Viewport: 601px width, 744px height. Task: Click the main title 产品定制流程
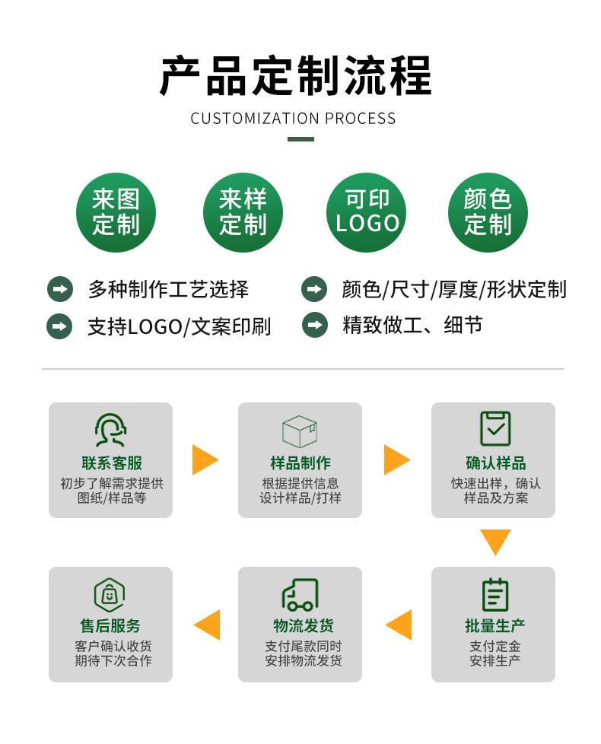295,75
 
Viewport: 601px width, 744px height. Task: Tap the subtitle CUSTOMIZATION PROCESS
293,119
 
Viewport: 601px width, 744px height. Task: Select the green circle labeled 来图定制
116,212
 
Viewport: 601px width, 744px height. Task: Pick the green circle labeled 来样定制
243,212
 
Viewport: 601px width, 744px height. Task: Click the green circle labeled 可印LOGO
367,212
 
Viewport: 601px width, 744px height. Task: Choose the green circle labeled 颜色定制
488,212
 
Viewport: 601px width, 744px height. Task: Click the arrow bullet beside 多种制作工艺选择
59,289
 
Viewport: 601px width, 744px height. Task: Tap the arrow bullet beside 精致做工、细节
314,326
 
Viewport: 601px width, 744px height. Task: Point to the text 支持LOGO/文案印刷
179,327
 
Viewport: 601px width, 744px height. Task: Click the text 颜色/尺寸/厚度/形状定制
453,289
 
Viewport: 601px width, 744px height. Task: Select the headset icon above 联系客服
111,430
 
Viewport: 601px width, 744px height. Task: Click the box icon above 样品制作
300,431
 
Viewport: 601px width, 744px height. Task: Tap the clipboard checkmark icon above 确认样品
495,428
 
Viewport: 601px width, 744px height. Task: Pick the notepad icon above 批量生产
495,594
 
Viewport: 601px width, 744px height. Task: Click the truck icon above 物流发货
300,595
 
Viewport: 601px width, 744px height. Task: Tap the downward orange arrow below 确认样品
495,542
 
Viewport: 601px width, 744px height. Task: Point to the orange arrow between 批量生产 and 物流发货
399,625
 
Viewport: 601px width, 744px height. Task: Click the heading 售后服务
111,626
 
